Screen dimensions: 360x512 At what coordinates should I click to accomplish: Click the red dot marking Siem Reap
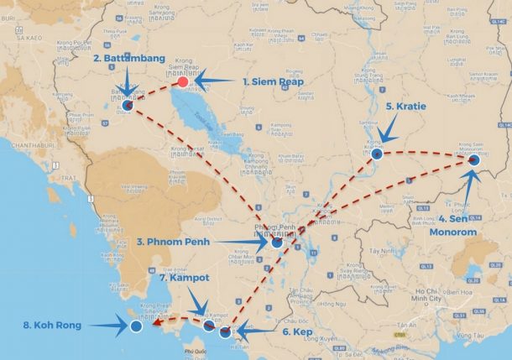182,82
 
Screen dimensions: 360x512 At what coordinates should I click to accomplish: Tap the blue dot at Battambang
128,107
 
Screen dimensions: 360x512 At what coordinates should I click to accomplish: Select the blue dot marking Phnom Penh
277,242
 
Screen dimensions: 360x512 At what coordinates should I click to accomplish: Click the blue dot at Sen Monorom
474,159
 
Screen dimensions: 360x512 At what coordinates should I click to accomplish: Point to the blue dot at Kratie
377,154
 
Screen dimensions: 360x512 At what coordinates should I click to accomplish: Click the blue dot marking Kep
224,332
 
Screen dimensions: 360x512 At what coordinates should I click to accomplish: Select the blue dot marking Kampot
208,325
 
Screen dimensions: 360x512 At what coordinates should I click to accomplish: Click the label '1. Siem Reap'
273,82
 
